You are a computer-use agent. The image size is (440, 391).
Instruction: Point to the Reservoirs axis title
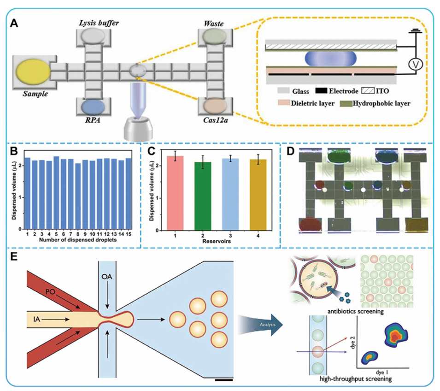click(x=206, y=242)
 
